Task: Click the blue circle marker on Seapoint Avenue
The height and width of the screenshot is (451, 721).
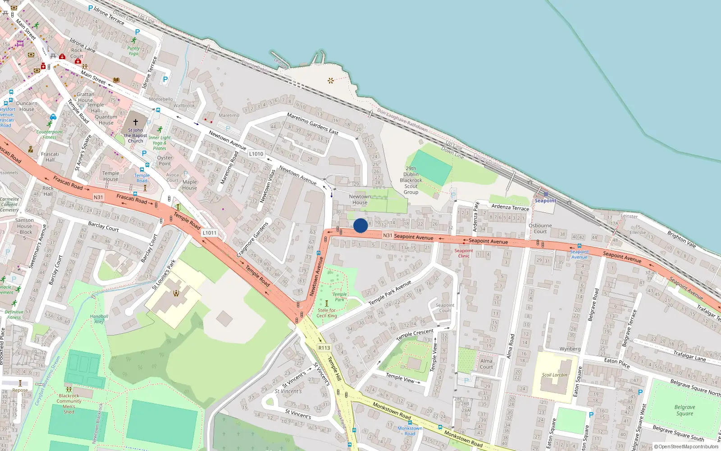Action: point(360,225)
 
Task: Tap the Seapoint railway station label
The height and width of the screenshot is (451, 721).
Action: point(545,201)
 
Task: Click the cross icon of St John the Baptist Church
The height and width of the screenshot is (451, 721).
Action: point(135,122)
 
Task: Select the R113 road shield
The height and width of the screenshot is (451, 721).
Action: point(324,348)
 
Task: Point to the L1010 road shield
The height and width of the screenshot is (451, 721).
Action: point(256,154)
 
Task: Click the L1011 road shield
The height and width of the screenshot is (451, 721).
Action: point(209,233)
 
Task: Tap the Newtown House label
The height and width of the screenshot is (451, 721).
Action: point(360,199)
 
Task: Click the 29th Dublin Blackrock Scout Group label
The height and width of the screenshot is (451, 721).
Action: point(411,180)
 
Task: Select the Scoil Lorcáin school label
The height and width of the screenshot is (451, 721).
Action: point(554,375)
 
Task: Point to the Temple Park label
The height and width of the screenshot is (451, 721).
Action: point(339,297)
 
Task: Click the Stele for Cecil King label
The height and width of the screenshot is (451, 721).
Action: point(327,313)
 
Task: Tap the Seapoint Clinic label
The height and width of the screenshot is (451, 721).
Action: point(464,253)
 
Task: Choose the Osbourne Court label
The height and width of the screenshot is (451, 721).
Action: point(540,228)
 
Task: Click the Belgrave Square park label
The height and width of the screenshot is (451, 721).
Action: point(684,410)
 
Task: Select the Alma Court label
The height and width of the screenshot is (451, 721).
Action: point(486,364)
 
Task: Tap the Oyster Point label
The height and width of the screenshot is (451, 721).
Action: point(164,161)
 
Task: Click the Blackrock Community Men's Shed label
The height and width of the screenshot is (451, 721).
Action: point(69,404)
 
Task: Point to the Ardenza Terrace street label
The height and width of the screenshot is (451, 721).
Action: point(510,207)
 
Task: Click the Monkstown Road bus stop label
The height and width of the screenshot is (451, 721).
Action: point(410,431)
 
